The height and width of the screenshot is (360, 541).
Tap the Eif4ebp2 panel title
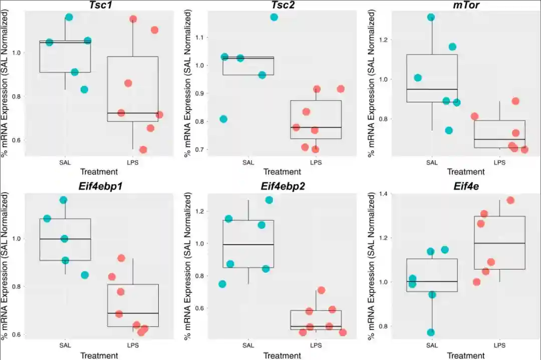(x=283, y=186)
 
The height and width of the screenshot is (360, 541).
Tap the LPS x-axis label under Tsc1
(x=133, y=162)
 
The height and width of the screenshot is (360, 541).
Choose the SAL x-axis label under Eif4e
(x=432, y=345)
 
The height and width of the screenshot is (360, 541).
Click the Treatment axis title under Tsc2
(x=282, y=172)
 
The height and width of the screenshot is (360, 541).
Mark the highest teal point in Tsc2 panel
(x=274, y=17)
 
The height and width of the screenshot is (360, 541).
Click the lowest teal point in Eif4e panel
(x=431, y=332)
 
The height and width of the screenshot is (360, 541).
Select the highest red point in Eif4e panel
(x=510, y=200)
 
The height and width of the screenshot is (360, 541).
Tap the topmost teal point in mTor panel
(x=431, y=17)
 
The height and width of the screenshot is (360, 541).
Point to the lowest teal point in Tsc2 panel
(x=223, y=119)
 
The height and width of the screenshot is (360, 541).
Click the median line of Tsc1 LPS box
(x=133, y=113)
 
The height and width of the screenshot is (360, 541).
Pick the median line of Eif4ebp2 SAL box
(x=248, y=244)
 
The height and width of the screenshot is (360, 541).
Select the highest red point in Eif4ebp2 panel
(x=321, y=290)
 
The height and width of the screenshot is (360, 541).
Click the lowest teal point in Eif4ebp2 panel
(x=222, y=284)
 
